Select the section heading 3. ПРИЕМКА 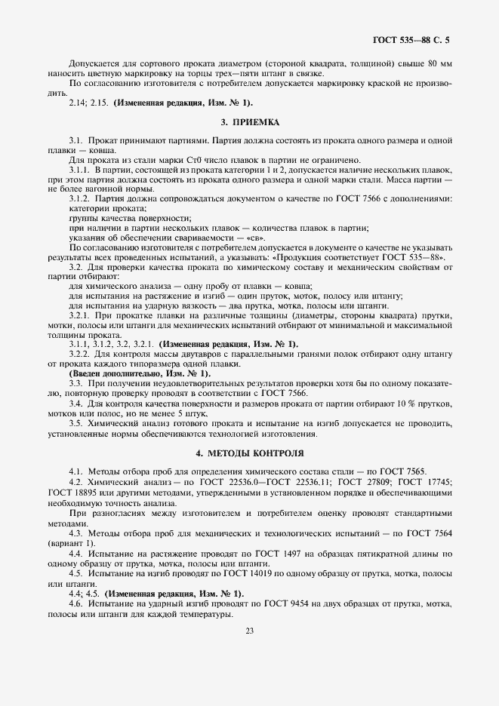tap(249, 121)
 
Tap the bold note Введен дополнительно tap(122, 373)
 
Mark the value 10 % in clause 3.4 tap(389, 403)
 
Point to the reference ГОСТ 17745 tap(425, 481)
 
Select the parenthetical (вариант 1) tap(71, 543)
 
